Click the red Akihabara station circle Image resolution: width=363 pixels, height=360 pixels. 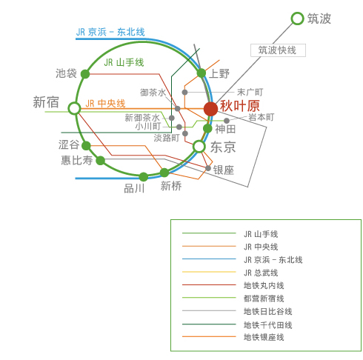[210, 109]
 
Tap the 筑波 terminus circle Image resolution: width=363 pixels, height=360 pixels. [297, 19]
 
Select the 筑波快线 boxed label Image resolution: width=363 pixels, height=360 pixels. [278, 50]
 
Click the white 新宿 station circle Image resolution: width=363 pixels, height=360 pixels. [74, 108]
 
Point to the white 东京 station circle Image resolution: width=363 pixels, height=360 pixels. [199, 147]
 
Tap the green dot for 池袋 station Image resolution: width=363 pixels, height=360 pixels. [85, 74]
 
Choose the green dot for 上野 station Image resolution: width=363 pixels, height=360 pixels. [202, 73]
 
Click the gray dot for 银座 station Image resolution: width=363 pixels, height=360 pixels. [208, 168]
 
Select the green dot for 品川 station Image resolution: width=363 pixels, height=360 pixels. [144, 177]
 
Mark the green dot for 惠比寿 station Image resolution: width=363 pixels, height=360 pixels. [100, 161]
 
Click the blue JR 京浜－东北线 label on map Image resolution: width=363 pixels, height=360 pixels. [110, 32]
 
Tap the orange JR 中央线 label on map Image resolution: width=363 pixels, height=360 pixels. [105, 104]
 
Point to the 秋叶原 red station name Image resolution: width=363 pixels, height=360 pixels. [240, 106]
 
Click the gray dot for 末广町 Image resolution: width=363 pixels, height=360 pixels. [184, 93]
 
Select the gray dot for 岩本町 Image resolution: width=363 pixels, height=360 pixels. [227, 121]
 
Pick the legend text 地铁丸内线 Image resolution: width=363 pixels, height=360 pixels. [264, 286]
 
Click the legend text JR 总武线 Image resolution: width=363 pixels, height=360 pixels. [261, 273]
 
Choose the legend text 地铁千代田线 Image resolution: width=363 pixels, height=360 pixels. [268, 325]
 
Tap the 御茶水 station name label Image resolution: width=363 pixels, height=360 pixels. [153, 93]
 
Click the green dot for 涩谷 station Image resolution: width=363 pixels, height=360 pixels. [86, 146]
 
